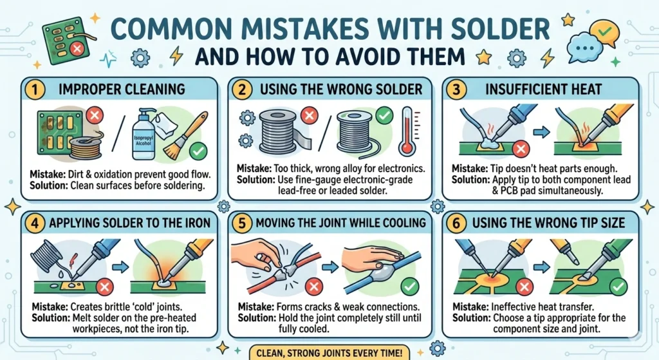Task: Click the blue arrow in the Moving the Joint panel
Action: [325, 264]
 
